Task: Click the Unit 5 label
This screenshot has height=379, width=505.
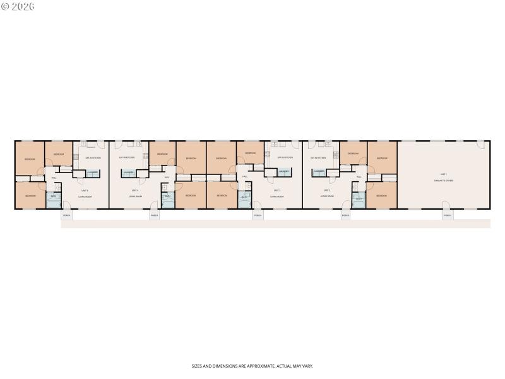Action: (x=83, y=190)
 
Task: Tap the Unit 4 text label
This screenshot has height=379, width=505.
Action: (x=135, y=190)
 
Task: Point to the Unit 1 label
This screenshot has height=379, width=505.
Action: (x=443, y=174)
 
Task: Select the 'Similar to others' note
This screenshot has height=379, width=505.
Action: (x=443, y=181)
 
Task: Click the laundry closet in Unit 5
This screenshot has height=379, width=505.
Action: (x=92, y=172)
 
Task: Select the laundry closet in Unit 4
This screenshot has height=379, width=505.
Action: (x=128, y=172)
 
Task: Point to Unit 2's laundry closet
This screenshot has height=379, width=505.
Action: (x=319, y=172)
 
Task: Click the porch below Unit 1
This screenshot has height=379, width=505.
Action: (x=447, y=215)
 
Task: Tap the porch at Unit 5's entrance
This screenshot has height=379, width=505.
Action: (x=66, y=215)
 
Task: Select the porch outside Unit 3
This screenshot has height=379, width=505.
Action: (x=258, y=215)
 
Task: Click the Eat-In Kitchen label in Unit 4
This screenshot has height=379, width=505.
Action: (x=127, y=158)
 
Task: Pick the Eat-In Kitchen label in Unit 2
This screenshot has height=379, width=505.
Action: (x=318, y=158)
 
